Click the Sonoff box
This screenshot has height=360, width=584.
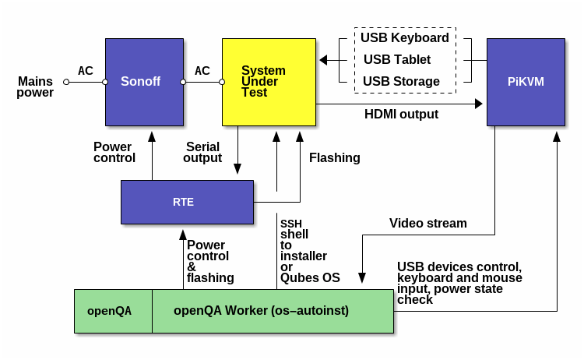[x=144, y=81]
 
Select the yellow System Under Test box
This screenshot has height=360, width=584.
[x=269, y=81]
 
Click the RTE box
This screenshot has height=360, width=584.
[x=187, y=202]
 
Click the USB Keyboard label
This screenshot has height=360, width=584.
[x=404, y=37]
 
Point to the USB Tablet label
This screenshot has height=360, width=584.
[x=397, y=59]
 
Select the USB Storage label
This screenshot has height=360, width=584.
[x=401, y=81]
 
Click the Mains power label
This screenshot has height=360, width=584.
[x=36, y=86]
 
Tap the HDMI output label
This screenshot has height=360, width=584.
[x=401, y=115]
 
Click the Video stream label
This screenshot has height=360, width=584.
[x=428, y=224]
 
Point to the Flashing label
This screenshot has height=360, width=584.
[x=335, y=157]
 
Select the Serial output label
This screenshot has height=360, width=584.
[x=202, y=152]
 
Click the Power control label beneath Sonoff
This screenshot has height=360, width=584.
[x=114, y=152]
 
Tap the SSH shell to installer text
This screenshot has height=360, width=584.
[x=304, y=250]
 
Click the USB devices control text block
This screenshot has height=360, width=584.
[x=459, y=283]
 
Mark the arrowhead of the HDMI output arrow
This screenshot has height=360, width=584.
[x=477, y=104]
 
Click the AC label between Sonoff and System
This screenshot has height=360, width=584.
[x=202, y=71]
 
